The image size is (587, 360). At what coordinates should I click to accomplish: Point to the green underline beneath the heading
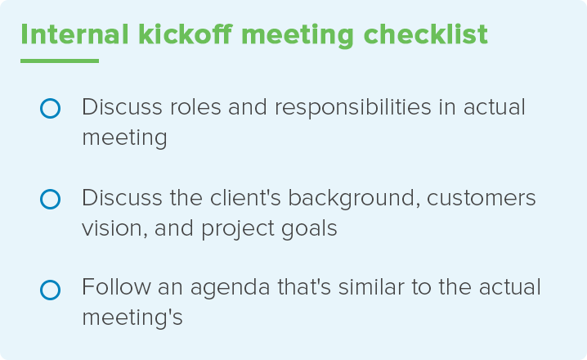tap(59, 61)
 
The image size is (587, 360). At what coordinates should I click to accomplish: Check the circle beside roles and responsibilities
tap(50, 108)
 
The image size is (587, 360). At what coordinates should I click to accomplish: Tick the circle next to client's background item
tap(50, 199)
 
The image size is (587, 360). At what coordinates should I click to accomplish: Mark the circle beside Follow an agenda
tap(50, 290)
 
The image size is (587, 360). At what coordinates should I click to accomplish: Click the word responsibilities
tap(353, 109)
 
